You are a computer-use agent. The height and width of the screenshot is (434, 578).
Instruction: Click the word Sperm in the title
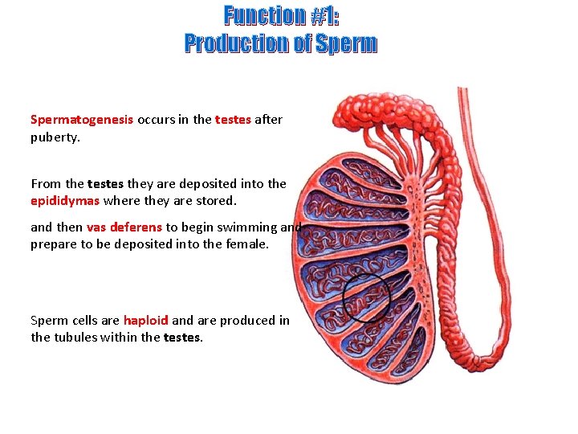coord(346,43)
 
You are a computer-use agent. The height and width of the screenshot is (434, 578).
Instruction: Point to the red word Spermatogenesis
coord(82,120)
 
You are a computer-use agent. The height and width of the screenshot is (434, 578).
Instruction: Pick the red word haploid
coord(145,320)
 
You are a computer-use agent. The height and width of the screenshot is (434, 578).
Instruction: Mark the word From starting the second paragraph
coord(43,183)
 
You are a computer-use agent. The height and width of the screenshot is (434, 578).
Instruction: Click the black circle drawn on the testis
coord(366,297)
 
